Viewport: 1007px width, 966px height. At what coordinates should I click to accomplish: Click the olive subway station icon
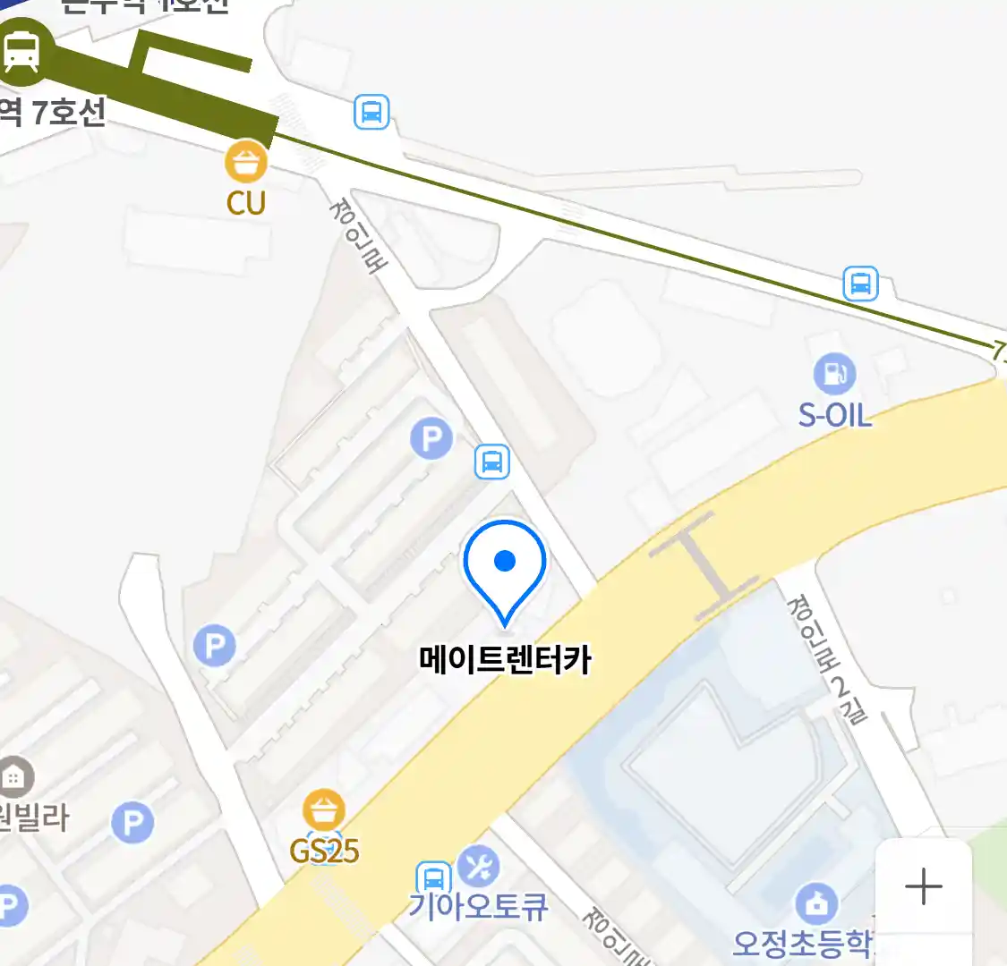[x=21, y=51]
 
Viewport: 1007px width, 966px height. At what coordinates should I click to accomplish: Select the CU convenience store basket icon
[x=246, y=162]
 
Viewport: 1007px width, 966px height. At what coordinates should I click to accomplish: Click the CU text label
[x=246, y=203]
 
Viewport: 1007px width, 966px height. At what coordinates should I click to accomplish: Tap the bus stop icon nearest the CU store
[x=371, y=113]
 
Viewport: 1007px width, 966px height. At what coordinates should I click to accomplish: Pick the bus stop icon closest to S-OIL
[x=860, y=284]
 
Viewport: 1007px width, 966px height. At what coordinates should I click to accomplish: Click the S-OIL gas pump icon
[x=834, y=374]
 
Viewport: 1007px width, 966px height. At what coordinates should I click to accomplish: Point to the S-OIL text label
[x=834, y=416]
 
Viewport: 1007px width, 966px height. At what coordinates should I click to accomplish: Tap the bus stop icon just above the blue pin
[x=491, y=462]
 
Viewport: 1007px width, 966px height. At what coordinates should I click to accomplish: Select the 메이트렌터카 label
[x=505, y=660]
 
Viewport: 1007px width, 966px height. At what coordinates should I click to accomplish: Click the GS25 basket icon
[x=323, y=810]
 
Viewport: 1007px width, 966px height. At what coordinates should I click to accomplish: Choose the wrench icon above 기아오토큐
[x=478, y=866]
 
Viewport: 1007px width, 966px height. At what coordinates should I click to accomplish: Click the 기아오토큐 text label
[x=478, y=907]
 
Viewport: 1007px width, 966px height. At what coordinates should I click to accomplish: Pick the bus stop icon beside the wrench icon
[x=433, y=878]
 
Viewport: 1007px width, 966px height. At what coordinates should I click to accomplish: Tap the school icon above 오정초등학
[x=815, y=903]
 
